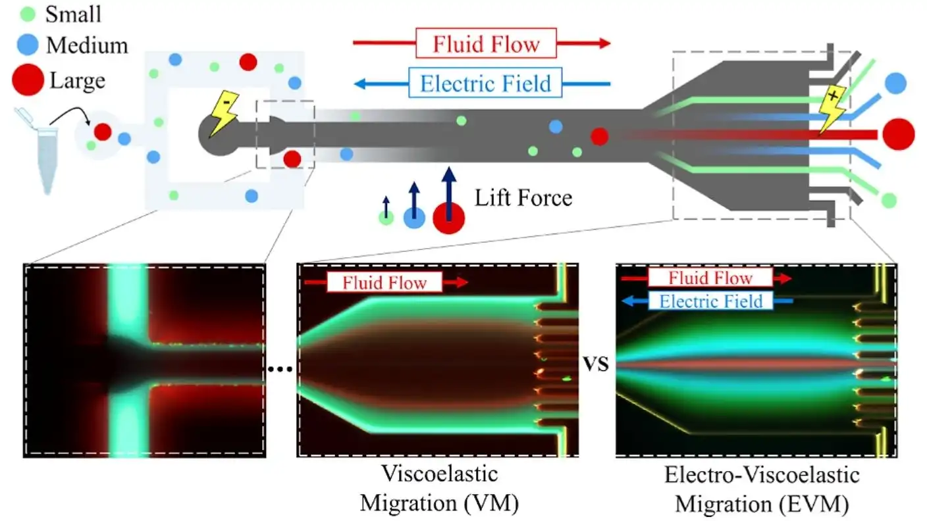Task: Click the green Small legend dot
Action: tap(28, 13)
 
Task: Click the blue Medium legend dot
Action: tap(28, 45)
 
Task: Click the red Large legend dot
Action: tap(28, 80)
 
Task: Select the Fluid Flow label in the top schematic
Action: tap(486, 43)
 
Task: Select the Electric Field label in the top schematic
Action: tap(485, 84)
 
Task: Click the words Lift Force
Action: tap(523, 197)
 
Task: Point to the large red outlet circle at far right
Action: tap(898, 134)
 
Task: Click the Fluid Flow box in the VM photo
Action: tap(384, 283)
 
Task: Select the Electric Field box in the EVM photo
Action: tap(710, 301)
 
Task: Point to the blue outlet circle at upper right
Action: tap(895, 82)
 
